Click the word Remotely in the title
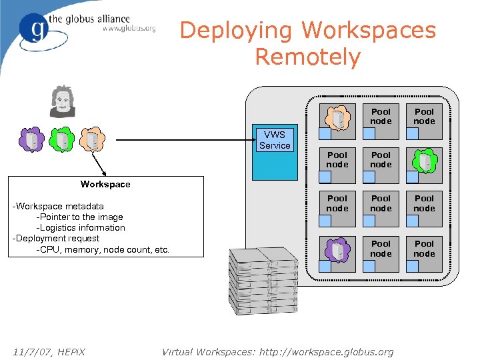point(307,57)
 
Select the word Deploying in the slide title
point(237,30)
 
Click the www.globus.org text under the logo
point(129,28)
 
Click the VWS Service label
point(275,140)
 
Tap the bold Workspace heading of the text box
point(105,184)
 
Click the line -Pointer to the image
point(79,217)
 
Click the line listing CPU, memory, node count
point(103,249)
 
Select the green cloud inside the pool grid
point(425,161)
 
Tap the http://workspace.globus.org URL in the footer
point(324,351)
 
